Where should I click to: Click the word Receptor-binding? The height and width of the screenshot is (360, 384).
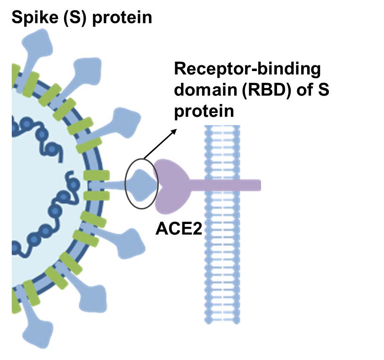pyautogui.click(x=247, y=70)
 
